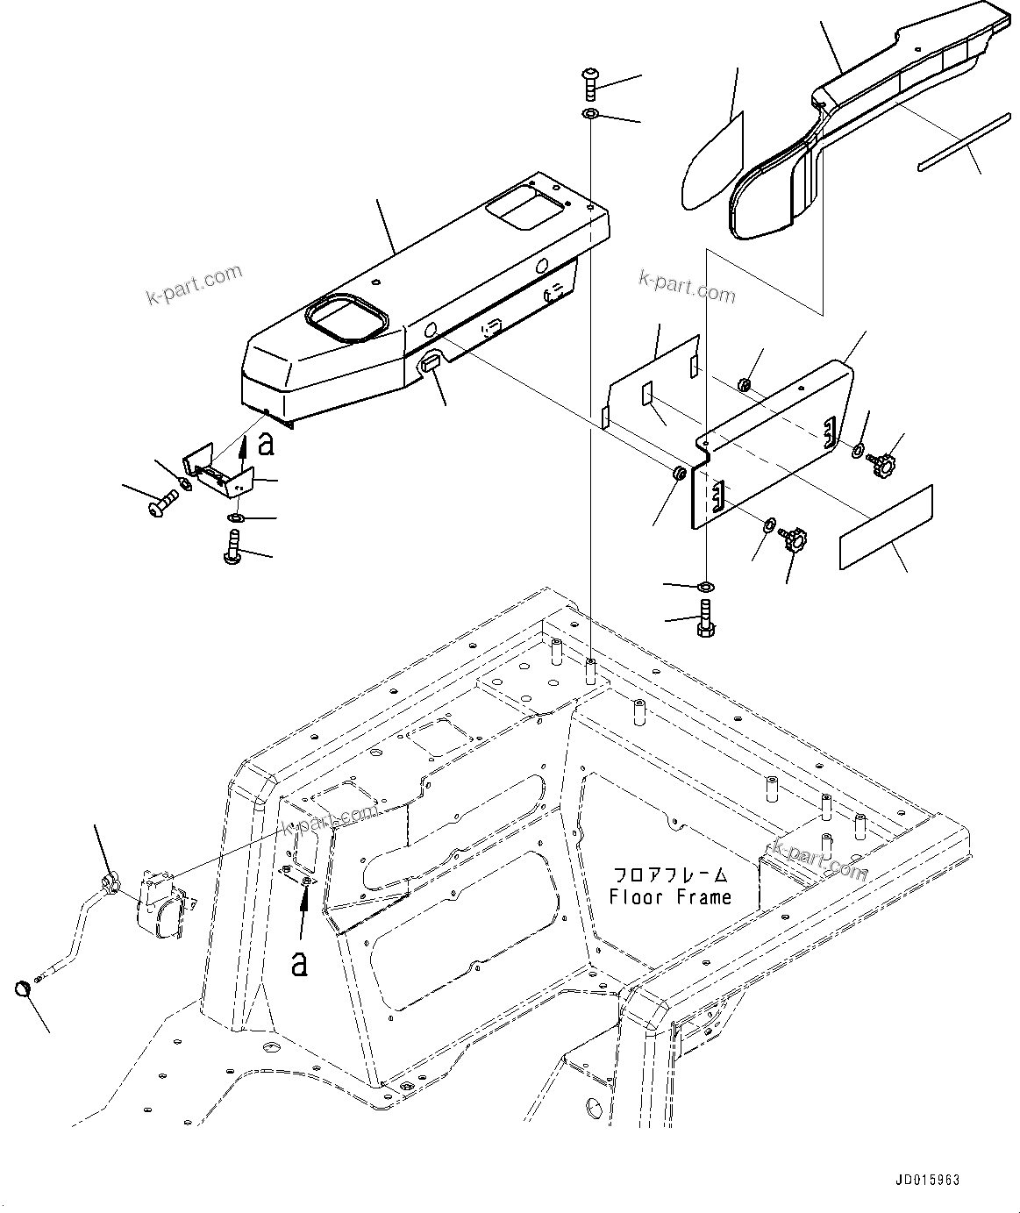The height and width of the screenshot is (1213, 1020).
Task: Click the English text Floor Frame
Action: pyautogui.click(x=670, y=897)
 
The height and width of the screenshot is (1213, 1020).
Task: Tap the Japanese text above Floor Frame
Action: pyautogui.click(x=670, y=875)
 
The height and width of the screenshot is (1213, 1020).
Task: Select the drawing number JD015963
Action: pyautogui.click(x=927, y=1181)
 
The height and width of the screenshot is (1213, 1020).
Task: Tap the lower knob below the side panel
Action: pyautogui.click(x=796, y=539)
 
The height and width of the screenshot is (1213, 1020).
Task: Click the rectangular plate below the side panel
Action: pyautogui.click(x=886, y=527)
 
